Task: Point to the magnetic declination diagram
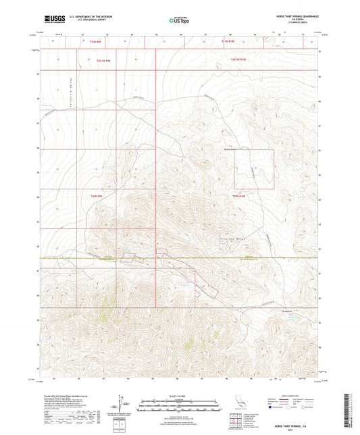point(126,403)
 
